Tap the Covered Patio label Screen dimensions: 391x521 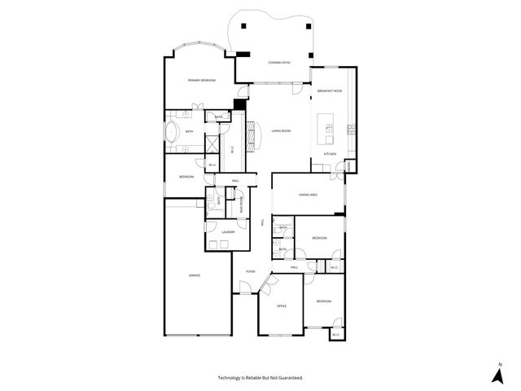tap(280, 63)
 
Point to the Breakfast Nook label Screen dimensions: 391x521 tap(329, 91)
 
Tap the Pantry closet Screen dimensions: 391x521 tap(348, 165)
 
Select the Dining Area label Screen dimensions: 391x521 tap(308, 195)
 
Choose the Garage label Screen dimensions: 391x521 tap(195, 275)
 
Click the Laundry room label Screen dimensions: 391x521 tap(227, 232)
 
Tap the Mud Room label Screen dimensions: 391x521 tap(241, 205)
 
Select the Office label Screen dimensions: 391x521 tap(282, 305)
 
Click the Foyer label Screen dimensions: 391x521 tap(250, 271)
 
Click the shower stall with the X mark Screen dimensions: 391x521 tap(212, 143)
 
